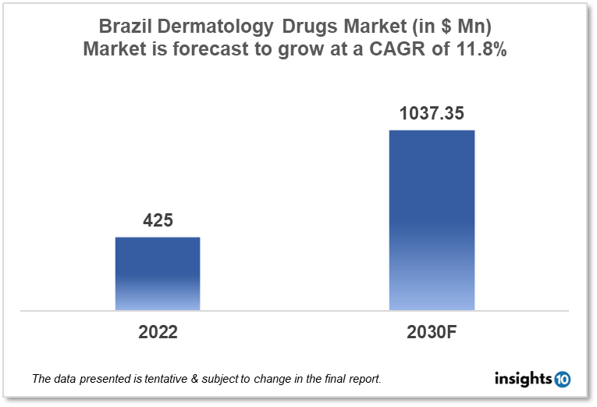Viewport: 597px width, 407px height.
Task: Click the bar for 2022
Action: pos(158,273)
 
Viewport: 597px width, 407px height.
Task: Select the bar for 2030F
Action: pos(432,220)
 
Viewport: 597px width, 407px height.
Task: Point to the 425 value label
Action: pos(158,221)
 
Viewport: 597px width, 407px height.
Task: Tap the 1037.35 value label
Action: pos(432,114)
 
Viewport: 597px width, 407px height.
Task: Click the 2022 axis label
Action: pos(158,332)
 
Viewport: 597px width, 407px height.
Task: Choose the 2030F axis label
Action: pos(432,332)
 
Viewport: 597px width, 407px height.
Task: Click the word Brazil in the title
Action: pos(126,27)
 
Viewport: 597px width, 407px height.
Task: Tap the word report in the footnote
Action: pos(364,380)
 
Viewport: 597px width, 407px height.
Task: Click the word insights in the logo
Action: pos(523,379)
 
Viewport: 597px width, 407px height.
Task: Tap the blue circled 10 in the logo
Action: pos(562,380)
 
